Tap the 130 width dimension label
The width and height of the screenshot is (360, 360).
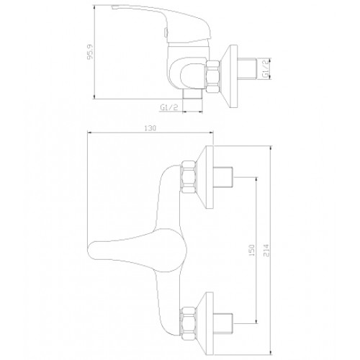point(150,128)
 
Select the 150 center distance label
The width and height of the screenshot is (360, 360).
point(252,251)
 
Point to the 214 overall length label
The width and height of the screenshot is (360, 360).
point(266,251)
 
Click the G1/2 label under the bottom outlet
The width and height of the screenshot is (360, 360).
point(169,108)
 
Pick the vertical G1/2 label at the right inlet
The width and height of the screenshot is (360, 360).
point(266,68)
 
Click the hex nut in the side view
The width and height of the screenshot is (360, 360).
point(213,76)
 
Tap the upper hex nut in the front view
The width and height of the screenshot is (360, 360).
point(189,177)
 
